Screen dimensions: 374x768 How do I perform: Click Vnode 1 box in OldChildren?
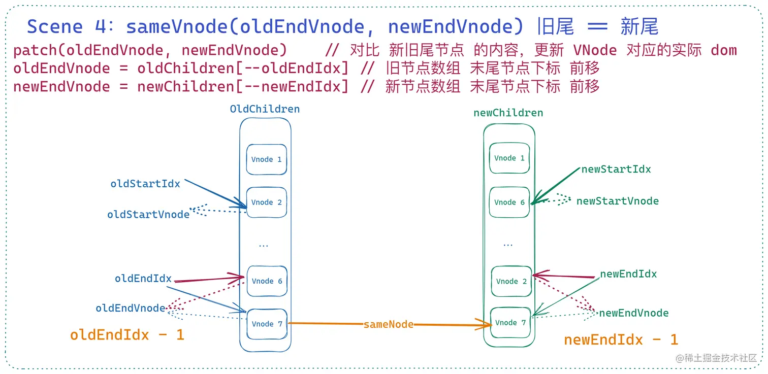[x=266, y=159]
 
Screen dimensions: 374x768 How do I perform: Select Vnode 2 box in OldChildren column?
[x=266, y=202]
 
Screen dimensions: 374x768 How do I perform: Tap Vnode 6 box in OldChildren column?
[x=267, y=281]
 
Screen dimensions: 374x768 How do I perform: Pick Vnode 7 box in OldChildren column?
[x=267, y=324]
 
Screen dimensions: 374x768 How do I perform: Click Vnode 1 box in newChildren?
[x=509, y=158]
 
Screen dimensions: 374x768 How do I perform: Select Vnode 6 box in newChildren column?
[x=509, y=202]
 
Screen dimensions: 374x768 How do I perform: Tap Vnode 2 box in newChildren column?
[x=511, y=281]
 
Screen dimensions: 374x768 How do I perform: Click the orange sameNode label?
[x=389, y=324]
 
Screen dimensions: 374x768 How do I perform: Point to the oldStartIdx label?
[x=145, y=184]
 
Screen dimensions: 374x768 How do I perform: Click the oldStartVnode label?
[x=148, y=215]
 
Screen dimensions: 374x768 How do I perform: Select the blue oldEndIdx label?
[x=143, y=279]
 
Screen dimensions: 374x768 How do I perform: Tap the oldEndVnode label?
[x=130, y=308]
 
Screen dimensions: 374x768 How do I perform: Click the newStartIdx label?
[x=616, y=169]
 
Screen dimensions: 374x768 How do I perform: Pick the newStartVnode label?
[x=617, y=201]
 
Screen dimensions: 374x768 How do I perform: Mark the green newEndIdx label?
[x=628, y=274]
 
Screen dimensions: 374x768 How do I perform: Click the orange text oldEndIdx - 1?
[x=127, y=335]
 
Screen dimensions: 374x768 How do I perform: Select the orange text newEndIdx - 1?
[x=621, y=339]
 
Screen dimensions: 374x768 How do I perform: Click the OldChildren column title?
[x=265, y=109]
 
